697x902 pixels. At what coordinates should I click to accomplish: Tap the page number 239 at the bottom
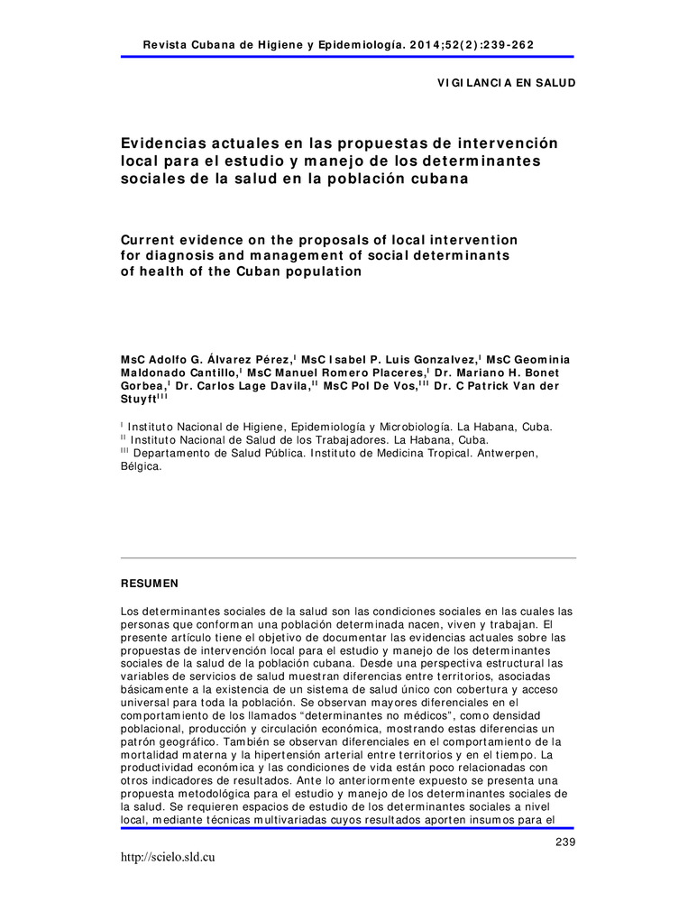click(564, 842)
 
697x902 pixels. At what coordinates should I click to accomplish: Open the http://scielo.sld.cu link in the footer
click(167, 857)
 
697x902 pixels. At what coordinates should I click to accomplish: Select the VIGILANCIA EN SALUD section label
click(506, 82)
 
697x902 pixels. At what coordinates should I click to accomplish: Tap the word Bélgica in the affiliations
click(141, 467)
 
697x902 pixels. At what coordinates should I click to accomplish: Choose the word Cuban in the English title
click(214, 272)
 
